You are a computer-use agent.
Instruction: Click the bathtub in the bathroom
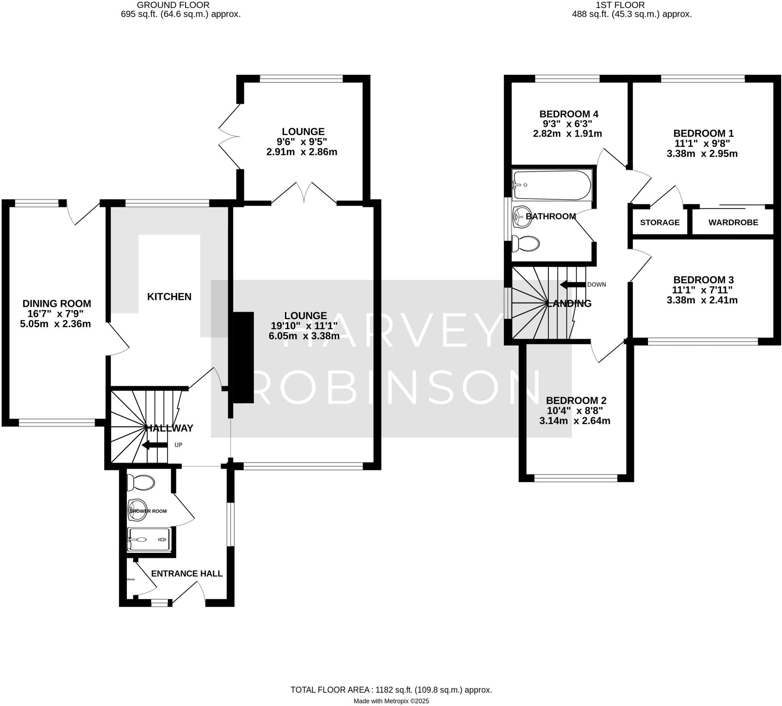(x=552, y=186)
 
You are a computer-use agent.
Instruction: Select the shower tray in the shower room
(x=149, y=539)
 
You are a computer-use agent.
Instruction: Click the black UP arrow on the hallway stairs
(x=154, y=445)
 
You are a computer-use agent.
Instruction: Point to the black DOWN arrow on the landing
(x=572, y=285)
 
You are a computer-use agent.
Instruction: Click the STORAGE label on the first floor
(x=659, y=223)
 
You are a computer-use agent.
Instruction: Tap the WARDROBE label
(x=733, y=223)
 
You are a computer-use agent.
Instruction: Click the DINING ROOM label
(x=57, y=304)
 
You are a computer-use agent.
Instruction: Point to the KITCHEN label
(x=169, y=297)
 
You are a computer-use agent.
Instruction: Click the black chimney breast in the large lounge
(x=243, y=358)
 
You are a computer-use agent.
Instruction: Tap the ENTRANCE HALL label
(x=187, y=574)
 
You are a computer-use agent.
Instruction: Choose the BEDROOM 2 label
(x=576, y=400)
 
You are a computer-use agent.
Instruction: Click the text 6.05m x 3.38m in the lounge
(x=304, y=336)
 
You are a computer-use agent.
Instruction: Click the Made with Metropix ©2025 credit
(x=391, y=701)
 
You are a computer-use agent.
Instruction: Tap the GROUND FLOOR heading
(x=173, y=5)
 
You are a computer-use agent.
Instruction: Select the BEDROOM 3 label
(x=703, y=279)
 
